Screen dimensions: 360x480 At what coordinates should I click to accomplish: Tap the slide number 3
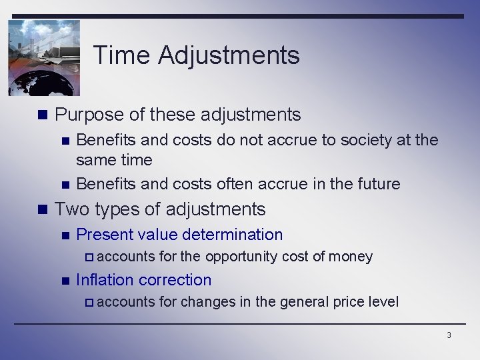[449, 335]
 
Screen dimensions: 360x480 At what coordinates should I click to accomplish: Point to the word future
[377, 184]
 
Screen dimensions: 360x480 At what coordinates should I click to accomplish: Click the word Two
[72, 209]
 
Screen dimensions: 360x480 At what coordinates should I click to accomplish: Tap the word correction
[177, 280]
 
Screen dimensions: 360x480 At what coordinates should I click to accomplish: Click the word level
[383, 302]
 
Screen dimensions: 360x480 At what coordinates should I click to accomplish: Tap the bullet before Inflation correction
[65, 281]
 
